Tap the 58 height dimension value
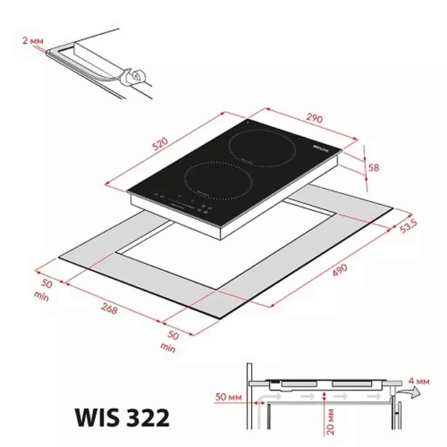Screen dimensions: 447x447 click(374, 167)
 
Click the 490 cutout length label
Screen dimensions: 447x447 click(340, 271)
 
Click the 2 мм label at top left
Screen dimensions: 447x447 click(33, 41)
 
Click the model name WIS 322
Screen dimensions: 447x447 click(122, 418)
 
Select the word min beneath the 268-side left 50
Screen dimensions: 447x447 click(42, 297)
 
